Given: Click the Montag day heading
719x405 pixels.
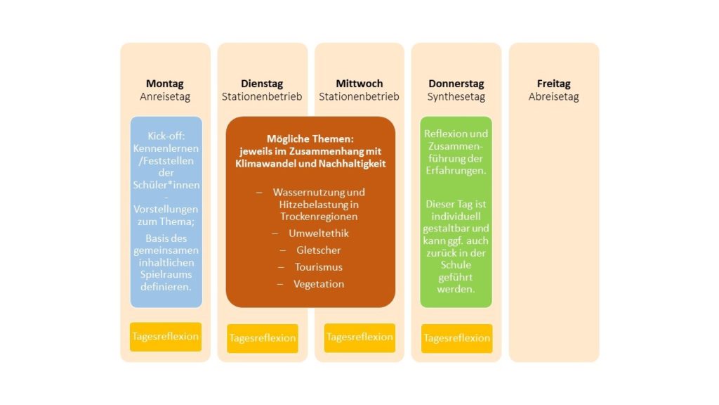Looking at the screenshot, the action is [x=164, y=84].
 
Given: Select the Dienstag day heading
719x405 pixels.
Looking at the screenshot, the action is [x=262, y=84].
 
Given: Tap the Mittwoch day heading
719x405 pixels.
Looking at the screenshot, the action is [x=359, y=84].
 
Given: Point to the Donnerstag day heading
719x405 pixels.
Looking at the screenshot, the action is [x=456, y=84].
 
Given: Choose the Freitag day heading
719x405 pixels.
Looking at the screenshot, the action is [x=553, y=84].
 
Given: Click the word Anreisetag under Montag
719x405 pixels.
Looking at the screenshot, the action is [x=165, y=96].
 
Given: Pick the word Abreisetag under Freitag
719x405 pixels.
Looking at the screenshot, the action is [x=553, y=96].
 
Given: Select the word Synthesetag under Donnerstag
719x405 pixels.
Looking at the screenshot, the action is [x=456, y=96].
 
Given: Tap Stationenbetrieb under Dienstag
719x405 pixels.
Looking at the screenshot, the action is [x=262, y=96].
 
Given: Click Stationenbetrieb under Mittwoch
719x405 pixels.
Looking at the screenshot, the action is [x=359, y=96].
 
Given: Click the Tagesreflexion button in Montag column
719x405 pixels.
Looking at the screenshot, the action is [x=166, y=337].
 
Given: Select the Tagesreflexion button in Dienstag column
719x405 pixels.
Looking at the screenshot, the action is [x=263, y=338].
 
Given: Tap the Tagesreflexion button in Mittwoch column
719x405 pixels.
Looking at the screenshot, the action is [x=359, y=337].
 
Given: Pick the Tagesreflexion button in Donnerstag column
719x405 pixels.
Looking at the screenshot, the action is [x=456, y=338].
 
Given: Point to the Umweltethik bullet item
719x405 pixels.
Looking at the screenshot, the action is [x=319, y=233].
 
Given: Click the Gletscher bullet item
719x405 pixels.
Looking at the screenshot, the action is [x=319, y=250].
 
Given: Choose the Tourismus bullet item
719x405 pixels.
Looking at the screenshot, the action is [x=319, y=267].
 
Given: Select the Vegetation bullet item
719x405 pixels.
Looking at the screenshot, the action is [x=319, y=284].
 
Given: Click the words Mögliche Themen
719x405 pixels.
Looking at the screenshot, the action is [x=310, y=139].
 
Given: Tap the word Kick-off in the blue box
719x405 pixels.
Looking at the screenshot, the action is [x=166, y=136].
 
